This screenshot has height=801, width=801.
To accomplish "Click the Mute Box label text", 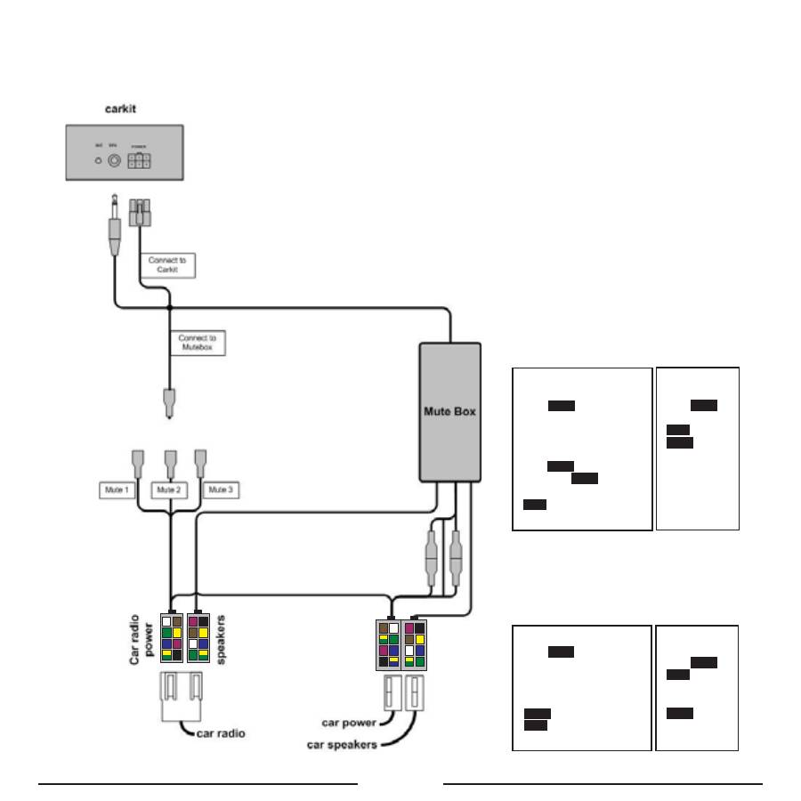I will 450,411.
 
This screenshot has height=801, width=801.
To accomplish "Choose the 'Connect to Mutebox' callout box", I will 197,343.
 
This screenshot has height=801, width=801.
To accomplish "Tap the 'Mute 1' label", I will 115,489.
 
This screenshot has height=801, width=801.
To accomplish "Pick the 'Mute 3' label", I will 222,489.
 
